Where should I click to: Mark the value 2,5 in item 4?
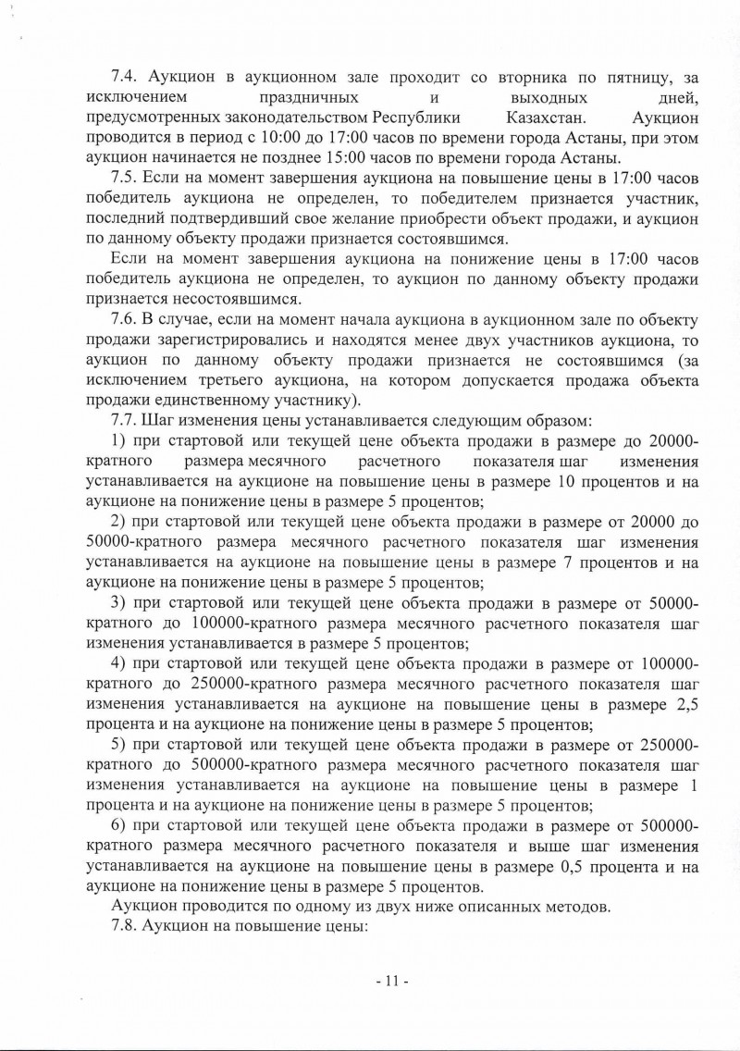[x=684, y=706]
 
